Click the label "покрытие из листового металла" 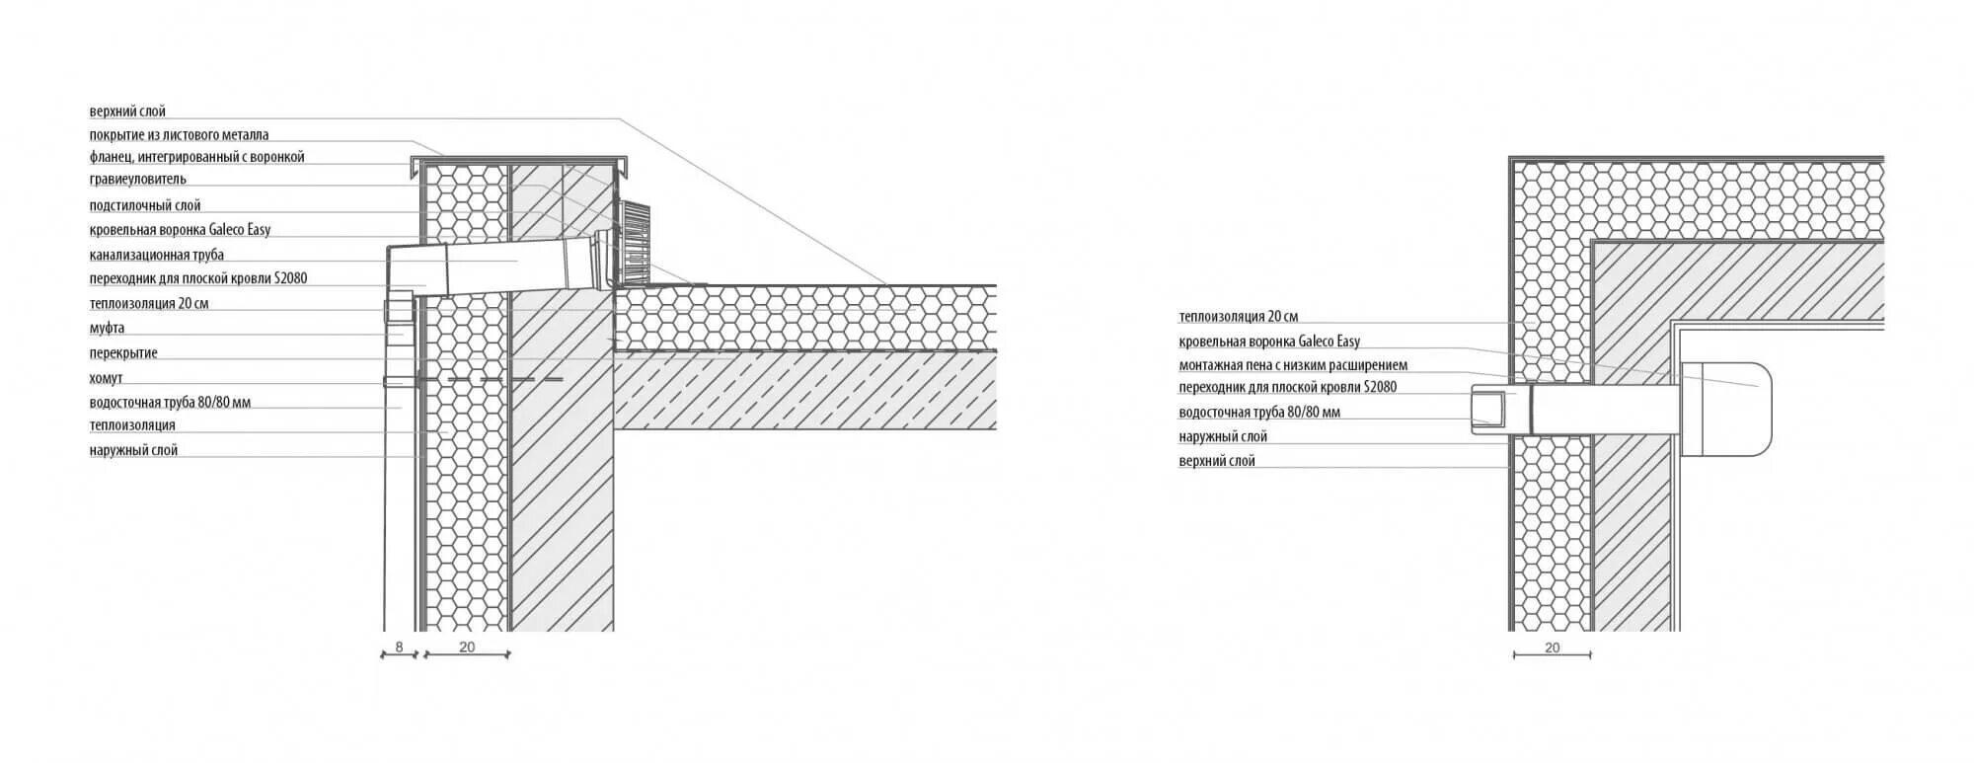179,135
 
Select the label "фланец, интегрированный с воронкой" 196,157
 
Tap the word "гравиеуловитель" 137,180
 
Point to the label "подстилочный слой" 145,205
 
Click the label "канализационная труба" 156,255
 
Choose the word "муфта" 107,328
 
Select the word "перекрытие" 123,353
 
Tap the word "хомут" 106,378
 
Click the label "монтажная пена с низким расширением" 1293,365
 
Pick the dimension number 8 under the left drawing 399,647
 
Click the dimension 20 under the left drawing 467,647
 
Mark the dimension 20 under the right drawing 1552,648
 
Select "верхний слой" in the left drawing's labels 127,112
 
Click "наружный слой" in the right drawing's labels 1223,436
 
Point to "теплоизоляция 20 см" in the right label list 1238,317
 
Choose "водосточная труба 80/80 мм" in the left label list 170,403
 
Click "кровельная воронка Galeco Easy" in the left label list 180,230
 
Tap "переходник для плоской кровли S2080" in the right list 1287,388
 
